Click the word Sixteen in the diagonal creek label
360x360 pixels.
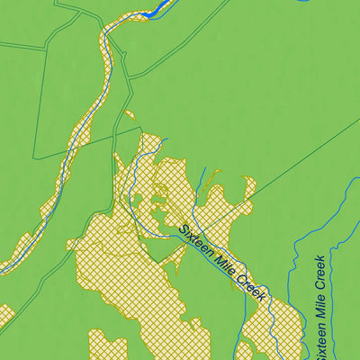coord(195,241)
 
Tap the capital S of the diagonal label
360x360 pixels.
coord(183,229)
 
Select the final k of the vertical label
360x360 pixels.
coord(319,260)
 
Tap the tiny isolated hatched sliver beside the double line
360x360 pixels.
coord(128,115)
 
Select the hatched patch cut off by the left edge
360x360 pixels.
coord(5,314)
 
